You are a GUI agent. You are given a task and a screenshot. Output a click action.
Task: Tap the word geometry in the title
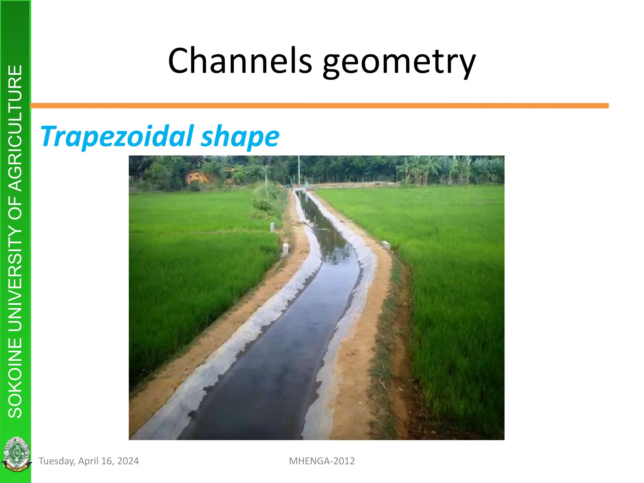point(399,62)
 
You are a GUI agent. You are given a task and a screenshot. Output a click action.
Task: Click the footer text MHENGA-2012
point(322,461)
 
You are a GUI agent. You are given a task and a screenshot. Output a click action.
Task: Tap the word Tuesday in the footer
point(57,461)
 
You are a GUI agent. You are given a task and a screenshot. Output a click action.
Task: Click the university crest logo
point(16,454)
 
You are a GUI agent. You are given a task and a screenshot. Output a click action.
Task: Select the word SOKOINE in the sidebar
point(15,377)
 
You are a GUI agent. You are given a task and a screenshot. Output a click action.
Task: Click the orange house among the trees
point(197,177)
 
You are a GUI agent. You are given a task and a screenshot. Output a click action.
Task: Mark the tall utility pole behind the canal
point(299,170)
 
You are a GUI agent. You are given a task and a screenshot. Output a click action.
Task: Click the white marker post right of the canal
point(386,244)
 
